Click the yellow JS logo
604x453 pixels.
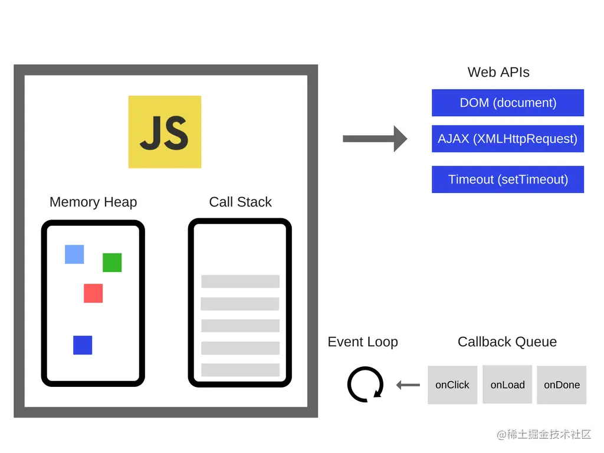pos(165,132)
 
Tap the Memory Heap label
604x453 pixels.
pos(93,202)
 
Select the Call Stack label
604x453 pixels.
pos(240,202)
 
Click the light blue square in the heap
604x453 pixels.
pos(74,254)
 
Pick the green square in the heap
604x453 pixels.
pos(112,262)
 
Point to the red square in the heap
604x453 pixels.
pos(93,293)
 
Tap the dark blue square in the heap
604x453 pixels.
pos(83,345)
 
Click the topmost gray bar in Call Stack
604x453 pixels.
pos(240,281)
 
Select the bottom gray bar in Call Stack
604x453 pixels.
pos(240,370)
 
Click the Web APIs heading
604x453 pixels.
pos(498,73)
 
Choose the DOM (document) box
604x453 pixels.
pos(508,103)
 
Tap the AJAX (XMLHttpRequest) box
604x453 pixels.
pos(508,139)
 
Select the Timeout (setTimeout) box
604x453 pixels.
pos(508,179)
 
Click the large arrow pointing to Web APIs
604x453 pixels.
pos(375,139)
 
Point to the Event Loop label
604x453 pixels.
pos(363,342)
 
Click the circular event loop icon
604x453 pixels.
pos(365,385)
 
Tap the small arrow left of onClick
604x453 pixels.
pos(408,385)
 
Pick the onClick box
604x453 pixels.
pos(452,385)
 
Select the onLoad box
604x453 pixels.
pos(507,385)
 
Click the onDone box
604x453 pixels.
pos(562,385)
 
